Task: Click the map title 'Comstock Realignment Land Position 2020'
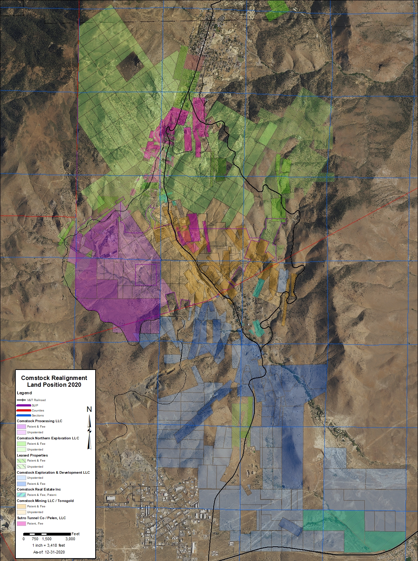coord(54,381)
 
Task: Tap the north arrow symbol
coord(89,429)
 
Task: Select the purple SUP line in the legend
coord(24,405)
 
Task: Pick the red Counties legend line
coord(24,410)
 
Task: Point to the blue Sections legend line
coord(24,415)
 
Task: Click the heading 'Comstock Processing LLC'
coord(39,421)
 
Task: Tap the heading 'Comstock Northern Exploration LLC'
coord(48,438)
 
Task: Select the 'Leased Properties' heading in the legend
coord(32,455)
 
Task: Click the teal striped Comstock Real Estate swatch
coord(21,495)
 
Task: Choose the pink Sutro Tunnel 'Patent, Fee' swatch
coord(21,523)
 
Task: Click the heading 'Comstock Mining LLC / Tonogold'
coord(45,501)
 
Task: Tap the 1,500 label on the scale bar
coord(47,539)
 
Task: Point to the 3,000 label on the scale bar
coord(70,539)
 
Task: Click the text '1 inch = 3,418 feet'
coord(48,545)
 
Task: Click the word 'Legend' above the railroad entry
coord(24,393)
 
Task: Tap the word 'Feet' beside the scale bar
coord(76,534)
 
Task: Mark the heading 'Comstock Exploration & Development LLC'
coord(53,472)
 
